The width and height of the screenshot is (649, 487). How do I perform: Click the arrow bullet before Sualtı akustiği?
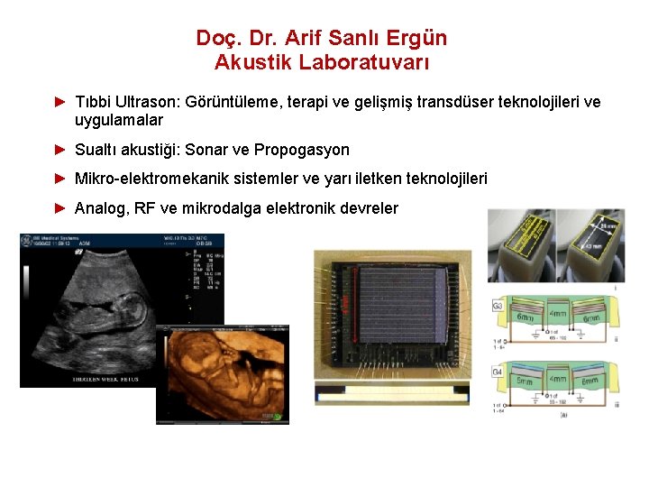click(61, 150)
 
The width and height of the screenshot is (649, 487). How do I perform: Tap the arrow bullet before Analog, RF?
click(61, 208)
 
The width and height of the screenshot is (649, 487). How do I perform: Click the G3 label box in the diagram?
click(497, 307)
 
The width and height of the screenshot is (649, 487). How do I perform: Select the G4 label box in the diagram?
click(497, 371)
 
